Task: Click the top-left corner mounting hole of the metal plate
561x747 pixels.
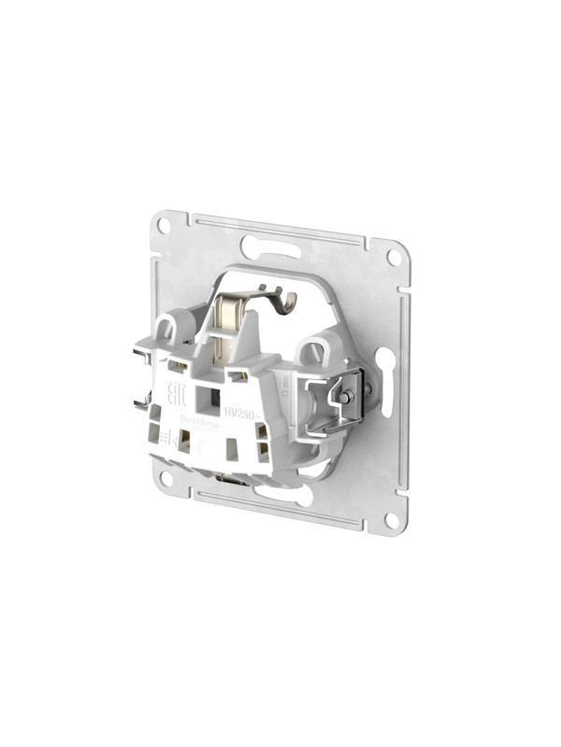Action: point(163,225)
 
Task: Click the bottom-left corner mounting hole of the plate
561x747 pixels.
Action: point(165,478)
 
